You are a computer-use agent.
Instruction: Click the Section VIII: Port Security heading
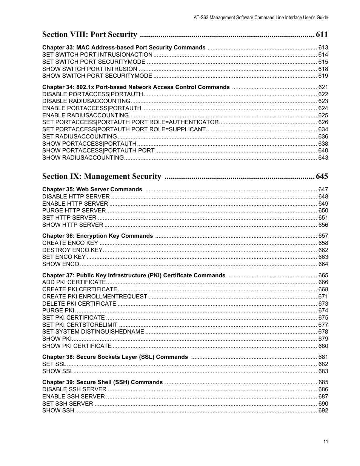click(89, 35)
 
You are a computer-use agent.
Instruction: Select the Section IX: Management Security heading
click(102, 177)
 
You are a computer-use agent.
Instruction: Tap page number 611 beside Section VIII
click(322, 35)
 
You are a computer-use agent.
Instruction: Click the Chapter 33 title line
click(124, 48)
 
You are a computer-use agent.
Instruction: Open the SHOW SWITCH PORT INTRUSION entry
click(89, 69)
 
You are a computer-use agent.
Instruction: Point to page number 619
click(323, 76)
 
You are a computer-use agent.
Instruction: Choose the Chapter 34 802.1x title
click(136, 87)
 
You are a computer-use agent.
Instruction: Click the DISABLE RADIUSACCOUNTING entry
click(86, 101)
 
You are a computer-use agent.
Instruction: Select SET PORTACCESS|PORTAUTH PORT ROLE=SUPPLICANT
click(124, 129)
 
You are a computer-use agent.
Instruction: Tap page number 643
click(323, 158)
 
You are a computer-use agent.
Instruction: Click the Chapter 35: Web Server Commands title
click(92, 189)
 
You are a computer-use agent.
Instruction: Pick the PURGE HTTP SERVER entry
click(74, 211)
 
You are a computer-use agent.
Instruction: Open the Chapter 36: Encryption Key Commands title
click(97, 236)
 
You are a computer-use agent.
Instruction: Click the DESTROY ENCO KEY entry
click(72, 250)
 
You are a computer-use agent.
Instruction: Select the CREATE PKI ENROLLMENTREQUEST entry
click(94, 297)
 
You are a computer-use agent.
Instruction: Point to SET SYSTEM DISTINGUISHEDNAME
click(93, 332)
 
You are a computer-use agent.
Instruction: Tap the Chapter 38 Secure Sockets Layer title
click(115, 357)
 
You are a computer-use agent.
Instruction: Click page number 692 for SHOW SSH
click(323, 411)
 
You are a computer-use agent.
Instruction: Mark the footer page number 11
click(326, 442)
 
